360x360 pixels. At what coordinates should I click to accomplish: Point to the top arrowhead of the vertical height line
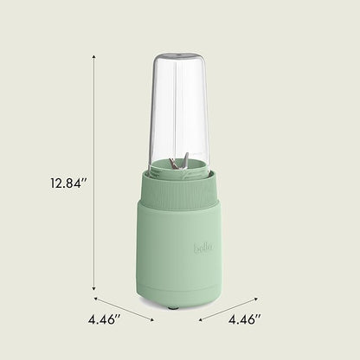coord(94,58)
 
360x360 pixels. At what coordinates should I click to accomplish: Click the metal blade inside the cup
coord(179,162)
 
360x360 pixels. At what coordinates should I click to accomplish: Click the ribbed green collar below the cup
coord(179,186)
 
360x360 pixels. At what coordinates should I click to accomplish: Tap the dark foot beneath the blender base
coord(172,307)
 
